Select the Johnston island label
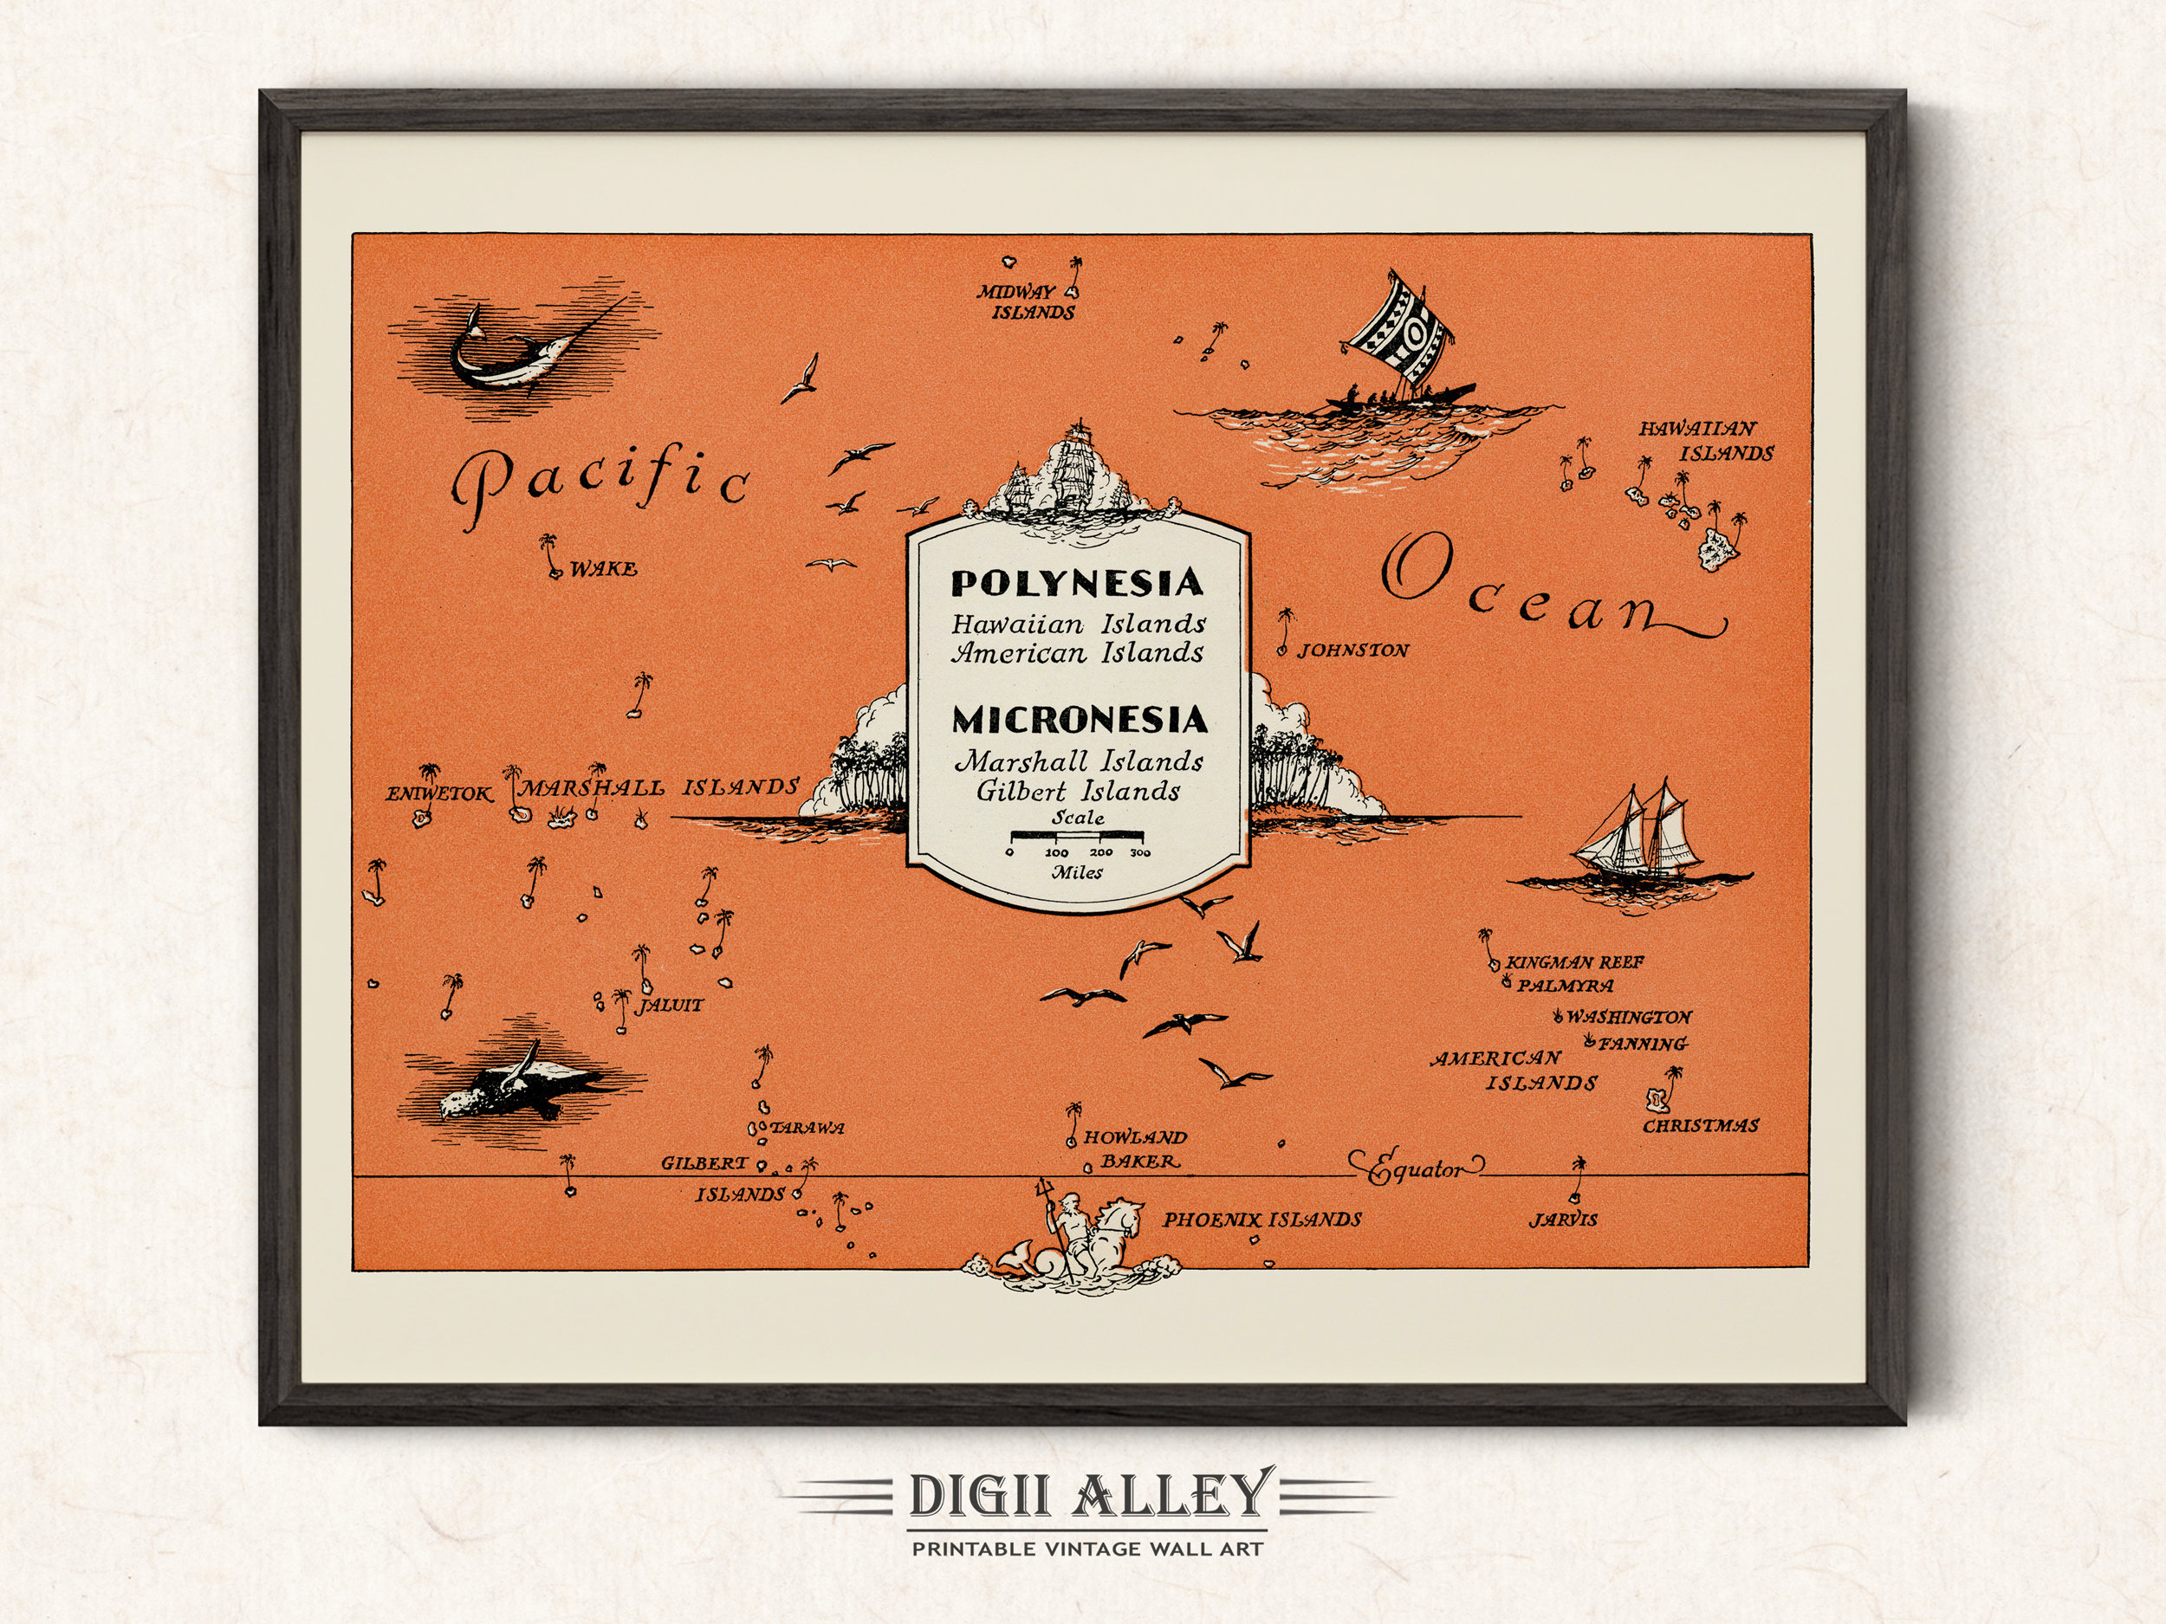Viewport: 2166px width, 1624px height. pos(1353,650)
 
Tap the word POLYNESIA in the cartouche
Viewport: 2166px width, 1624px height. pos(1077,584)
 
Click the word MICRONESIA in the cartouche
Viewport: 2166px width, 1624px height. pos(1079,721)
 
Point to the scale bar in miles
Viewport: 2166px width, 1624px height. pos(1077,837)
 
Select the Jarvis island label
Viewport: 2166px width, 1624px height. pos(1563,1220)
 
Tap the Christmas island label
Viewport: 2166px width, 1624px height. pos(1701,1126)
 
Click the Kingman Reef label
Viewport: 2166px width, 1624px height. pos(1574,962)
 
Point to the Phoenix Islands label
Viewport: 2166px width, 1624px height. pos(1262,1220)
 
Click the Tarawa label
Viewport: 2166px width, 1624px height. pos(807,1128)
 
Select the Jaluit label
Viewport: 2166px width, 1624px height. pos(670,1006)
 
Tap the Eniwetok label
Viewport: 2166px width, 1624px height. pos(438,794)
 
